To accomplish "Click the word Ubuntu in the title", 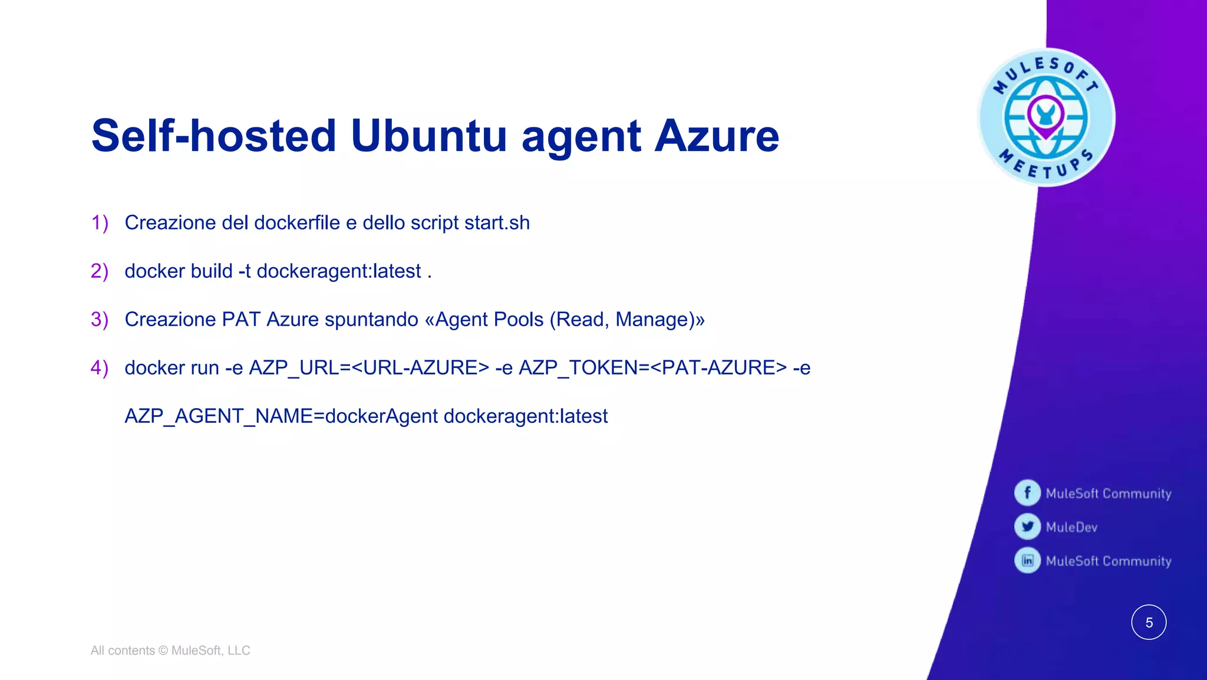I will pyautogui.click(x=428, y=136).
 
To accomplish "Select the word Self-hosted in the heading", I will pyautogui.click(x=214, y=136).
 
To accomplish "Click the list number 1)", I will pyautogui.click(x=100, y=223).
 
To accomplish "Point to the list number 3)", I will pyautogui.click(x=100, y=320).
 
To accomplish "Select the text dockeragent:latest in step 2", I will pyautogui.click(x=339, y=271).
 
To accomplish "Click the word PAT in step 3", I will pyautogui.click(x=241, y=320).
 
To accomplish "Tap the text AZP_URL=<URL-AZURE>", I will pyautogui.click(x=369, y=368).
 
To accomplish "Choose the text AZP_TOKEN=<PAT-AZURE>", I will pyautogui.click(x=652, y=368).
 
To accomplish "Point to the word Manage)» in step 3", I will pyautogui.click(x=660, y=320).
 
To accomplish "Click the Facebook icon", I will pyautogui.click(x=1027, y=492).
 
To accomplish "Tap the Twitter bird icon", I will pyautogui.click(x=1027, y=527).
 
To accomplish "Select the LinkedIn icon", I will pyautogui.click(x=1027, y=560).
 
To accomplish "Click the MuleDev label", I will pyautogui.click(x=1071, y=527).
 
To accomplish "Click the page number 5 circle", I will pyautogui.click(x=1149, y=622).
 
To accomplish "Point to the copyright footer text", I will pyautogui.click(x=170, y=651).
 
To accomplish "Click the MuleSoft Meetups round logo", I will pyautogui.click(x=1046, y=117).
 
